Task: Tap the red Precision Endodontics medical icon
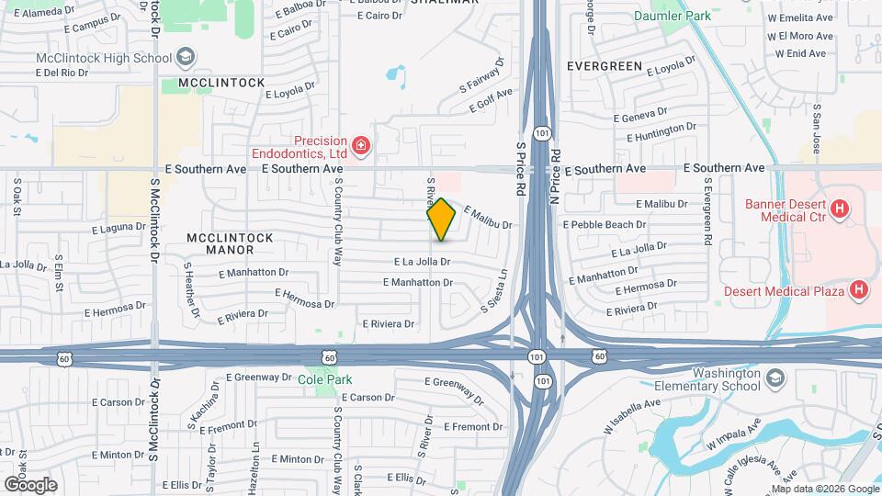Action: coord(361,146)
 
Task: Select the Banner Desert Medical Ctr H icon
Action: coord(838,210)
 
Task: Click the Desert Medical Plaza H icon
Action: coord(858,291)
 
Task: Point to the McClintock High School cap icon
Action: coord(186,58)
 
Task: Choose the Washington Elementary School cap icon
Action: coord(775,378)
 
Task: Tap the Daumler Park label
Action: coord(673,16)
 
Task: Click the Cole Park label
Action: coord(325,378)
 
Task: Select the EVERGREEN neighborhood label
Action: coord(604,66)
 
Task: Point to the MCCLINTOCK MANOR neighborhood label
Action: coord(230,243)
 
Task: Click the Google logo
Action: coord(30,484)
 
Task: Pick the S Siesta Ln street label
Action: coord(493,288)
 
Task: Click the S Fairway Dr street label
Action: coord(482,76)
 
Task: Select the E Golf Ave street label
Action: coord(491,100)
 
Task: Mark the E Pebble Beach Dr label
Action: coord(604,224)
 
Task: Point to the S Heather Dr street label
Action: coord(192,289)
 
